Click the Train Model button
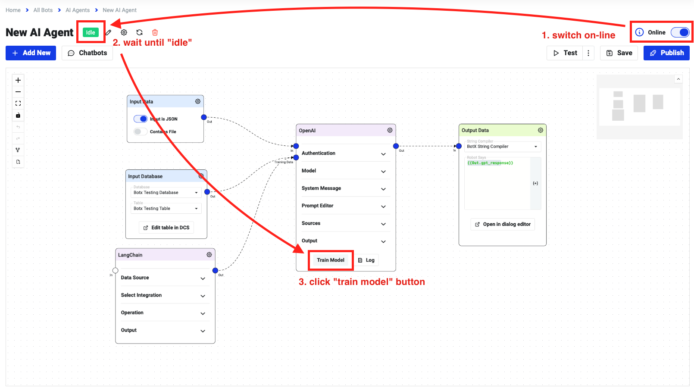331,260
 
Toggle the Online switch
680,32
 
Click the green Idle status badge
91,32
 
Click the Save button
619,53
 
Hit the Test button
565,53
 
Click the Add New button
31,53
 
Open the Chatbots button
88,53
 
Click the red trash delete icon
155,32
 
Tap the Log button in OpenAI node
366,260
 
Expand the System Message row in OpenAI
343,188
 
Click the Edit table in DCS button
166,228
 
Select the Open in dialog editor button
503,224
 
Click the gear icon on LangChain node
209,255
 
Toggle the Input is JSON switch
141,119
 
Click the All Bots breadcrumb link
43,10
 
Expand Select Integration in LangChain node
163,295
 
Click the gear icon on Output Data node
540,130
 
